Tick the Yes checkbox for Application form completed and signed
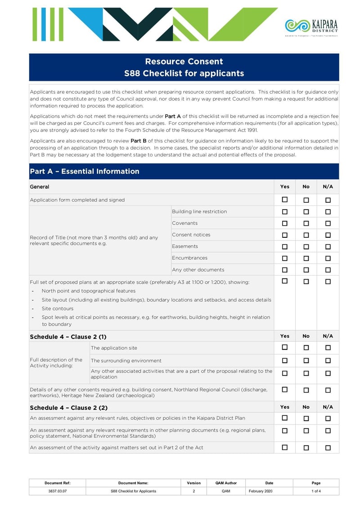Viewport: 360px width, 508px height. (x=284, y=200)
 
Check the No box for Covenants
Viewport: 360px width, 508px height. (x=306, y=223)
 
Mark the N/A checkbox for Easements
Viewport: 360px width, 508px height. (x=328, y=247)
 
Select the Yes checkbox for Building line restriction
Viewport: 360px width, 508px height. (x=284, y=212)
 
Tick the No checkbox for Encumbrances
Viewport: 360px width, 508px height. (x=306, y=258)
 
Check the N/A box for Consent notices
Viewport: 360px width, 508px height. (x=328, y=235)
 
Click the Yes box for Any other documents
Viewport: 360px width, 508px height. (x=284, y=270)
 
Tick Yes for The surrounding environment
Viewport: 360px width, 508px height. (x=284, y=361)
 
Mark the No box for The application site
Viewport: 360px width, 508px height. (x=306, y=348)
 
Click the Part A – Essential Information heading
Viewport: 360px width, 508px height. (x=85, y=171)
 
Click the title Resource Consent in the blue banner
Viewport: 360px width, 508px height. (x=184, y=62)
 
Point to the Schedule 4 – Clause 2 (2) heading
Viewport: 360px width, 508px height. (x=68, y=408)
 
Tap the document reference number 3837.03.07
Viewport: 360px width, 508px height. (x=57, y=491)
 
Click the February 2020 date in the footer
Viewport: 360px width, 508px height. (x=261, y=491)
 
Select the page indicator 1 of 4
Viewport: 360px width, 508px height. (x=316, y=491)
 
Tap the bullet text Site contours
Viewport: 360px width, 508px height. (x=58, y=308)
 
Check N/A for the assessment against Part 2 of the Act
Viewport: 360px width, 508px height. (x=328, y=448)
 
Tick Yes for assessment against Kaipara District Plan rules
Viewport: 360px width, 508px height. (x=284, y=418)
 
